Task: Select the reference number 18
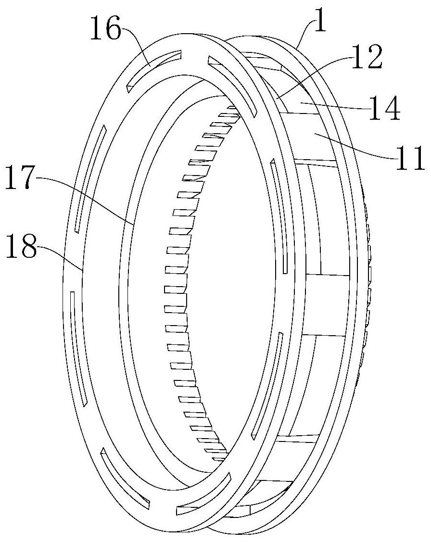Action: point(21,246)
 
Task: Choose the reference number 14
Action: point(384,108)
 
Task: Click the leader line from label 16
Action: point(136,46)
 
